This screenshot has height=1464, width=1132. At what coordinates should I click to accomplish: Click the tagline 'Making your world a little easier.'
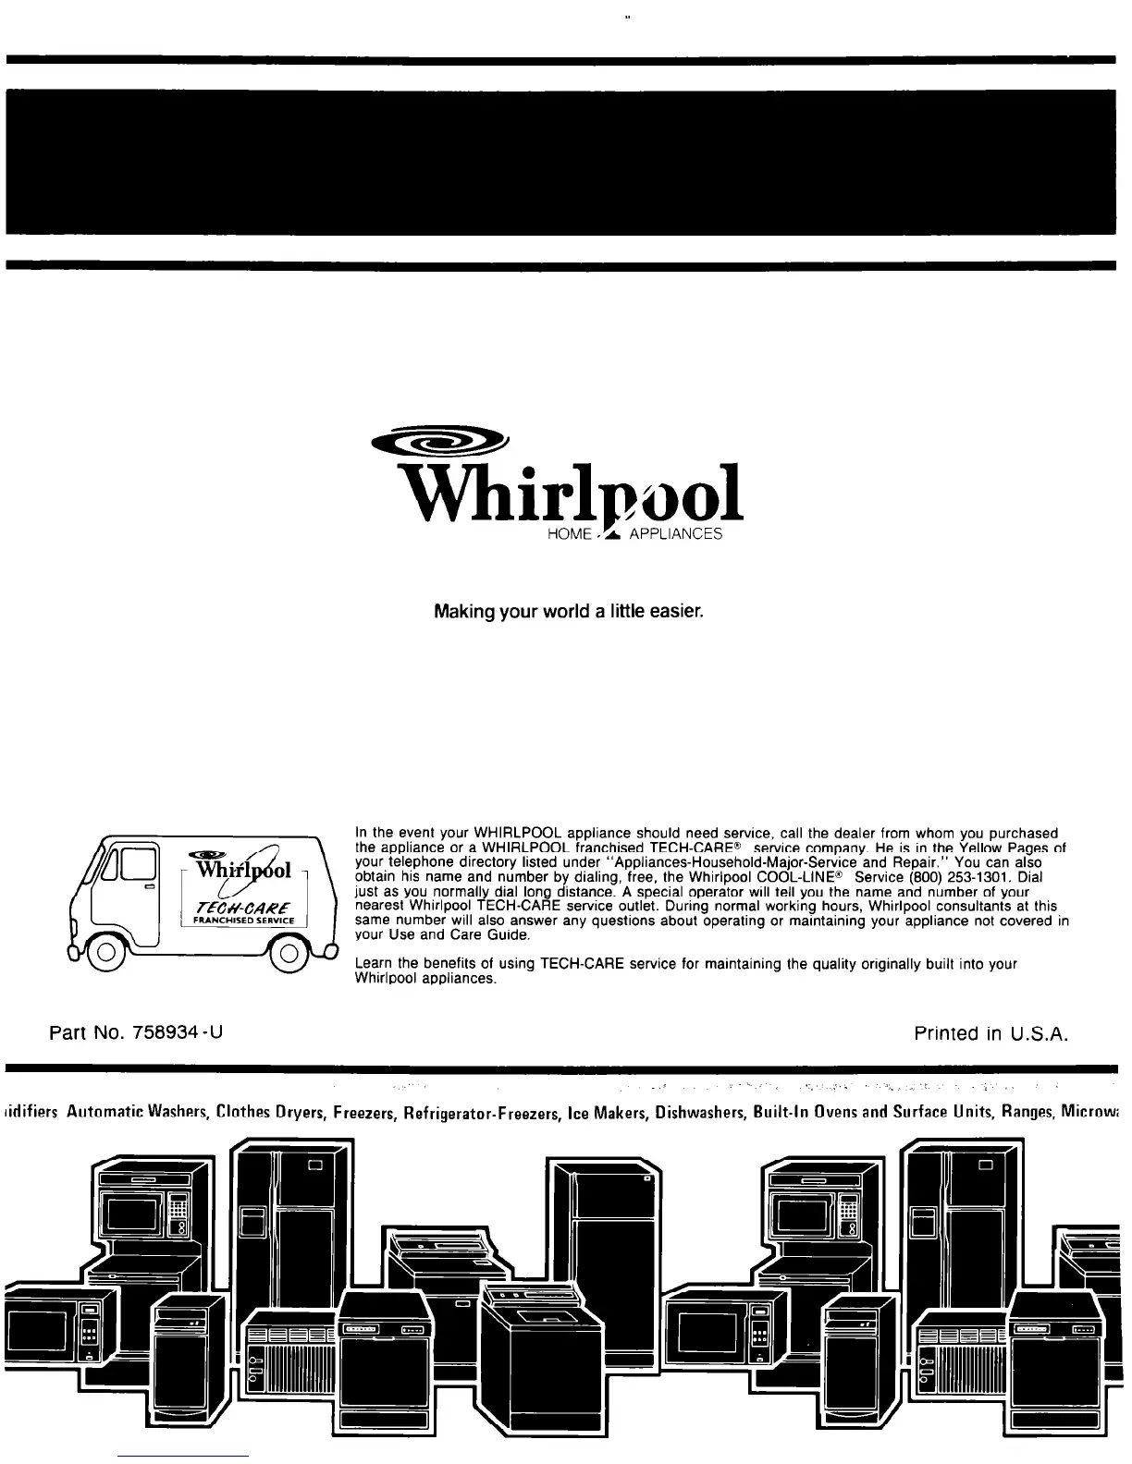tap(570, 612)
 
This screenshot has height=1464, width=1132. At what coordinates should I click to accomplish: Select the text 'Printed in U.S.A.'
tap(991, 1032)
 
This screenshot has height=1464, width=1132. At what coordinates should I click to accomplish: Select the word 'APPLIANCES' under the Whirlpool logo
tap(675, 536)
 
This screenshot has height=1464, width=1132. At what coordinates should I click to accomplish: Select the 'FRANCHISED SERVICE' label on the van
tap(238, 921)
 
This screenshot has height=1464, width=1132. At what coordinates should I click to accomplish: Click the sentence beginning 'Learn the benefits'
tap(685, 964)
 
